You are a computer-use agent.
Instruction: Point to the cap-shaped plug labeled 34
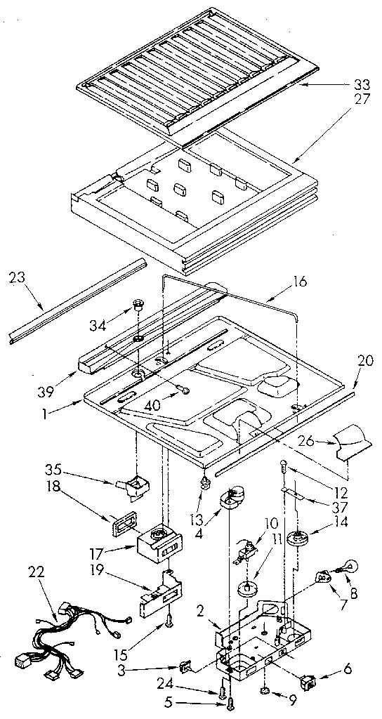(x=138, y=307)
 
